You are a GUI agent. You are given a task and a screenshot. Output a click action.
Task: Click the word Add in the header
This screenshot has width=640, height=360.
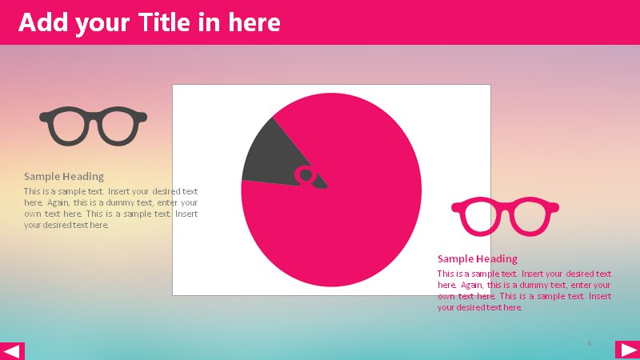click(x=43, y=22)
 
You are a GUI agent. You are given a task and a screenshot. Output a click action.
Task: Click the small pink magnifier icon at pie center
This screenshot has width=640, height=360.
click(x=305, y=176)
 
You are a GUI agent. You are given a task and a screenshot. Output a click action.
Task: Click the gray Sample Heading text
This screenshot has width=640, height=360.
click(x=64, y=176)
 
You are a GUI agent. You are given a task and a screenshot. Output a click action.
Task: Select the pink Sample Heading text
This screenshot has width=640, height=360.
click(x=478, y=258)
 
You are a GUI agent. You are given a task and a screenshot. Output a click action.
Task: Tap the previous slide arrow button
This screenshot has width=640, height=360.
click(x=12, y=351)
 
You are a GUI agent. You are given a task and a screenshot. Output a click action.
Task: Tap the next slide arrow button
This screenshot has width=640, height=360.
click(x=627, y=350)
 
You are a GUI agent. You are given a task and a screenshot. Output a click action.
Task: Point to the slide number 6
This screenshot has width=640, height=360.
click(x=590, y=343)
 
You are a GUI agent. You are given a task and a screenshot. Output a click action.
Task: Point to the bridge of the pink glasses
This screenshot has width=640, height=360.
click(x=505, y=205)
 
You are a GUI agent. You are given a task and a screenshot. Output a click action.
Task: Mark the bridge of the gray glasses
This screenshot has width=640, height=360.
click(x=93, y=114)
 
